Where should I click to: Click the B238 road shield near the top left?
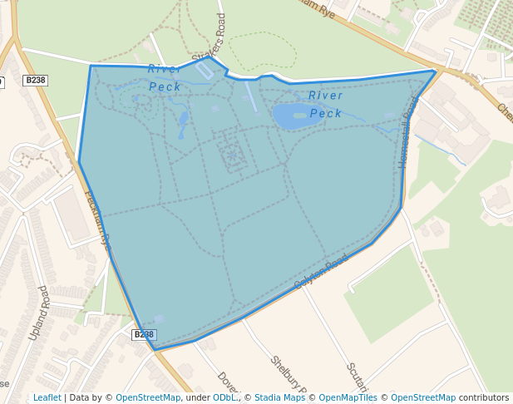pyautogui.click(x=35, y=81)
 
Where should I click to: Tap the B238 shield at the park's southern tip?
pyautogui.click(x=143, y=334)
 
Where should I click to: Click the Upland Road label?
pyautogui.click(x=38, y=313)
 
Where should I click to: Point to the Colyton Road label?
pyautogui.click(x=321, y=273)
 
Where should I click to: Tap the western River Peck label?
pyautogui.click(x=165, y=77)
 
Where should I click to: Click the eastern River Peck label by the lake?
pyautogui.click(x=326, y=104)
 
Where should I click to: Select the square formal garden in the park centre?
pyautogui.click(x=232, y=155)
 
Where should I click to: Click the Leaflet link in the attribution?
pyautogui.click(x=47, y=397)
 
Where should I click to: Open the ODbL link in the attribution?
pyautogui.click(x=224, y=397)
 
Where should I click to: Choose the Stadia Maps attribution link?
pyautogui.click(x=279, y=397)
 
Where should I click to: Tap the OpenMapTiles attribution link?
pyautogui.click(x=348, y=397)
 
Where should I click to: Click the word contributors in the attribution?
pyautogui.click(x=484, y=397)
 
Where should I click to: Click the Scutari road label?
pyautogui.click(x=355, y=378)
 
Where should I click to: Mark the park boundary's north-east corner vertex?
pyautogui.click(x=436, y=71)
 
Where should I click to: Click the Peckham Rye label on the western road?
pyautogui.click(x=97, y=220)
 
